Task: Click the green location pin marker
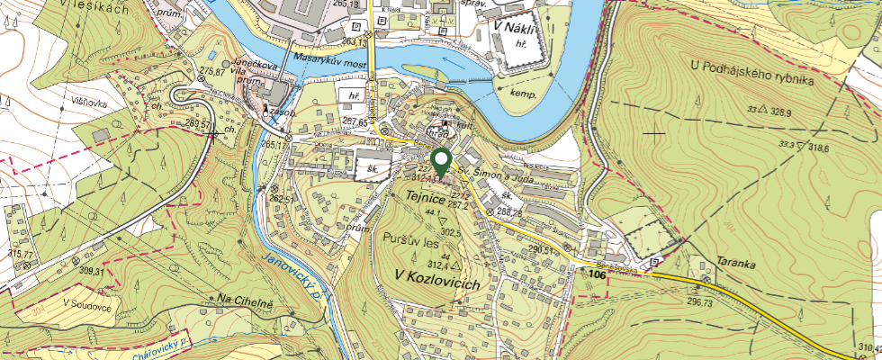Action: pos(441,163)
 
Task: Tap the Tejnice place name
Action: pos(426,193)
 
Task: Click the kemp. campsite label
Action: pos(523,94)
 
